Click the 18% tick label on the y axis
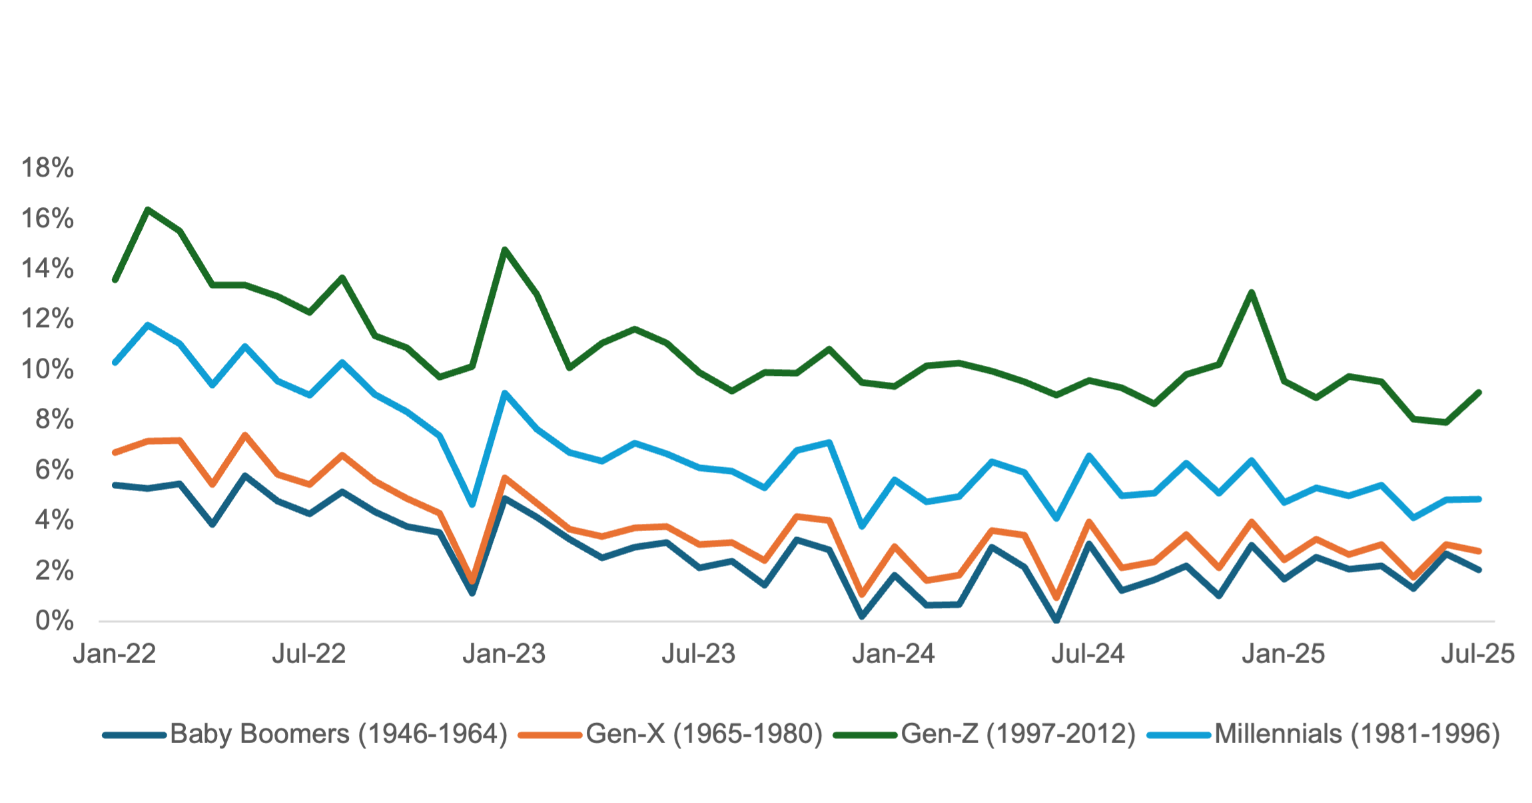pos(48,168)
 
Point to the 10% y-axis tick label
pos(48,369)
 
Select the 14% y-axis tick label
pos(48,269)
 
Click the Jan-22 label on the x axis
pos(115,654)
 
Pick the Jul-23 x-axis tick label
pos(699,654)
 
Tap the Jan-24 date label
pos(894,654)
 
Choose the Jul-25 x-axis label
pos(1478,654)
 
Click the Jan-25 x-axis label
pos(1284,654)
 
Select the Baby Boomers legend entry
pos(339,734)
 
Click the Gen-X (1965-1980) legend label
pos(705,734)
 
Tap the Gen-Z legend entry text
pos(1018,734)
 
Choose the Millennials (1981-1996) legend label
pos(1357,734)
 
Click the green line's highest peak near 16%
pos(147,209)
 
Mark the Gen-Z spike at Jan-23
pos(505,249)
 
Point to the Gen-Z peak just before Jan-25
pos(1252,292)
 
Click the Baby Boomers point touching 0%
pos(1056,620)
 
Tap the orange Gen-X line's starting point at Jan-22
pos(115,453)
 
